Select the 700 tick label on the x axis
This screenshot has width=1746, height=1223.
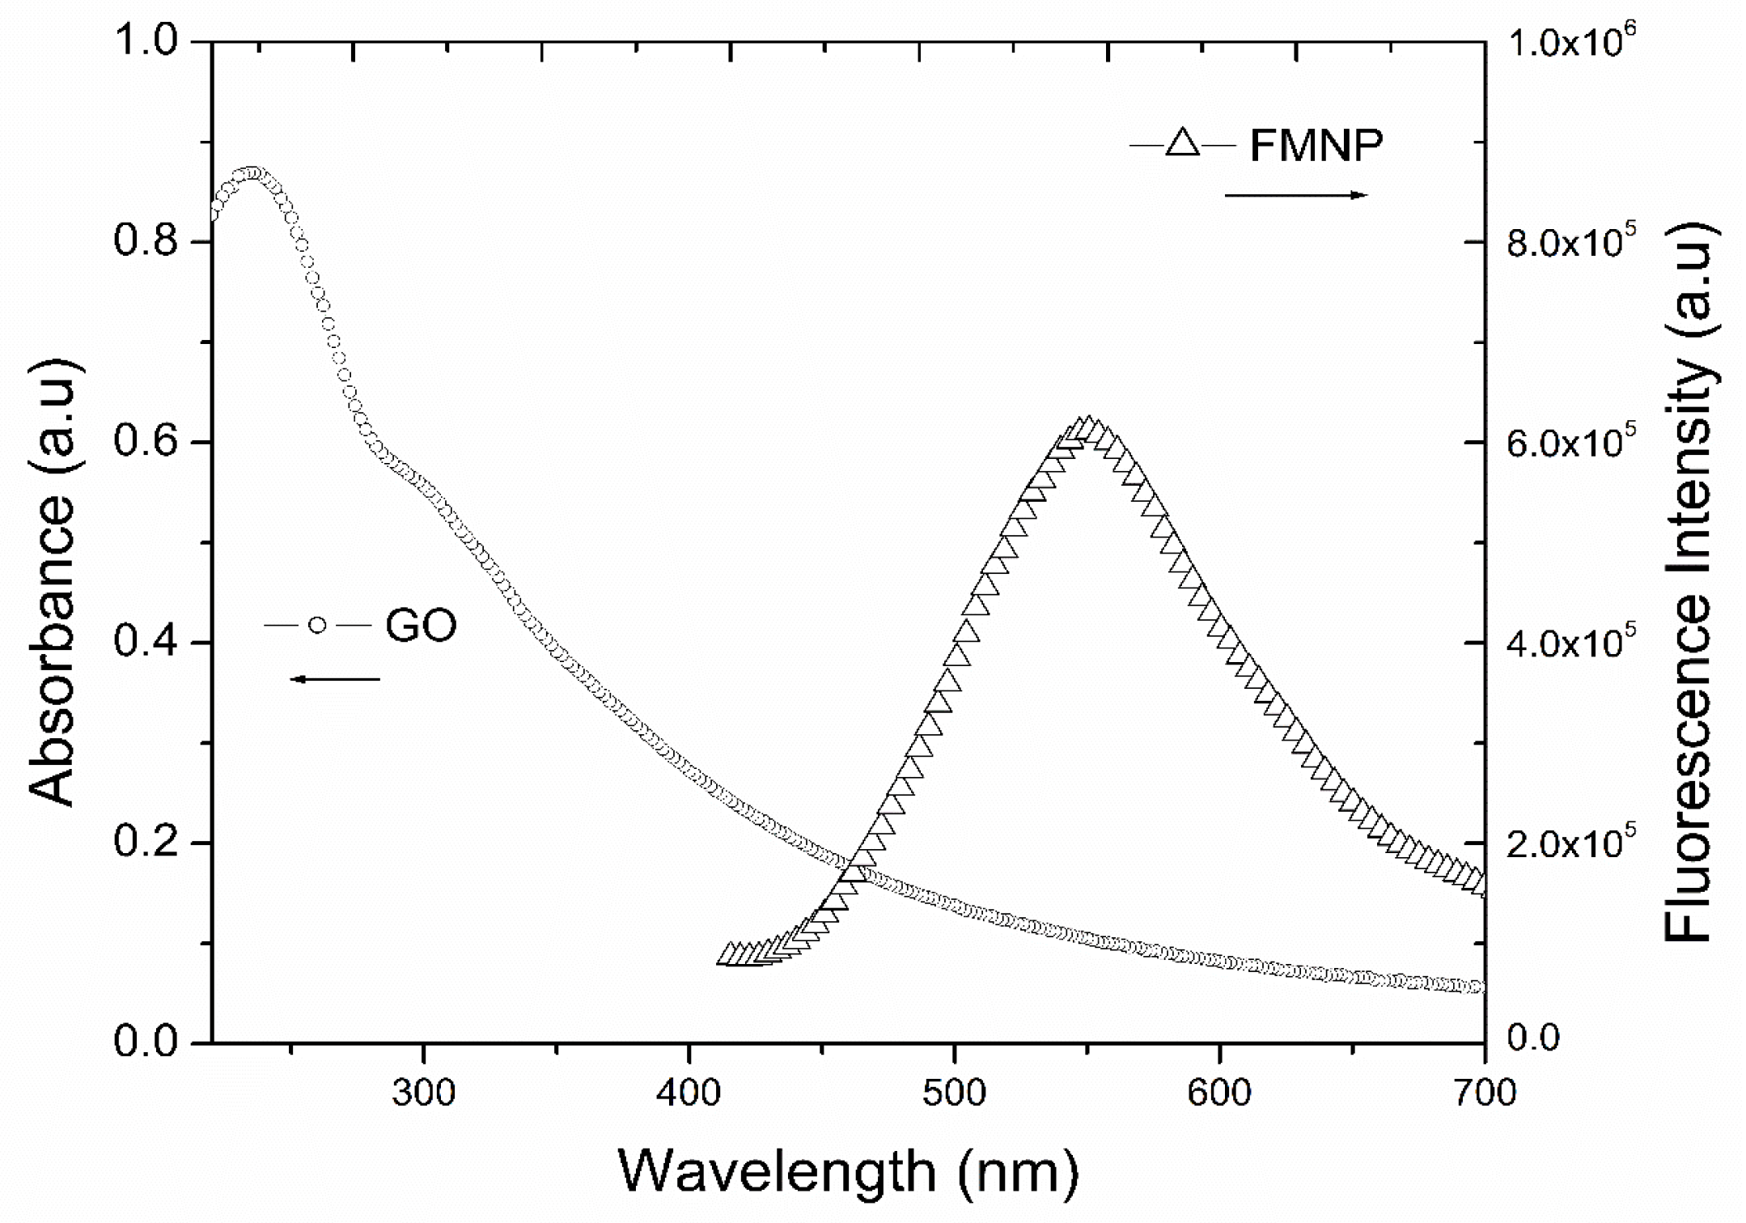[1485, 1093]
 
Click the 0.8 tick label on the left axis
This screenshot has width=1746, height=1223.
[143, 241]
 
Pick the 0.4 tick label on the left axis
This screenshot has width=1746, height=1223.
[143, 643]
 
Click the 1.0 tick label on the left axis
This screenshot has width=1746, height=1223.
[143, 42]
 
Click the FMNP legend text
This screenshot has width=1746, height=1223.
[1317, 147]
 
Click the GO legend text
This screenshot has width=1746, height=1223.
[421, 626]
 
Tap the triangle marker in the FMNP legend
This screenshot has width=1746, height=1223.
[1183, 145]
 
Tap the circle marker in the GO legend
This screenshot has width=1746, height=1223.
[318, 625]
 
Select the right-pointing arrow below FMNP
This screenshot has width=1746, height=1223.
[1296, 195]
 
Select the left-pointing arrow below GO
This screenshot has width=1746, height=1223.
[335, 679]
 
